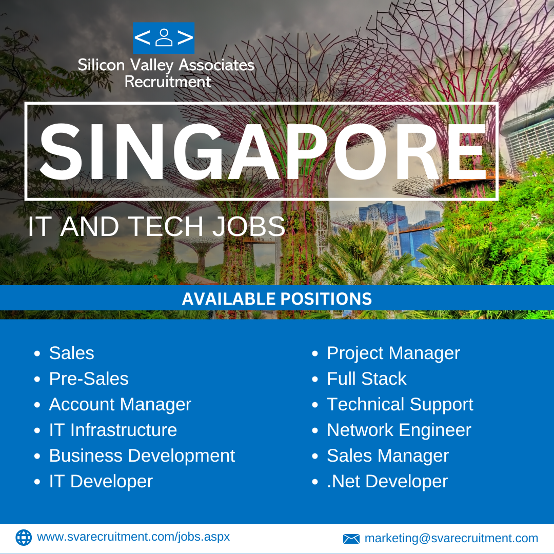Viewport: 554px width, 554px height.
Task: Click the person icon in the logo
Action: coord(164,37)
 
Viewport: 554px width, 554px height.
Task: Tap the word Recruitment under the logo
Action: coord(168,82)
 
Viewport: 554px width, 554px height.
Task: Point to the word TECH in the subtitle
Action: coord(166,227)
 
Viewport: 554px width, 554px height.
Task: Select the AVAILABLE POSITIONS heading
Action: coord(277,299)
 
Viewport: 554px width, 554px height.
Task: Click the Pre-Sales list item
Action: coord(89,379)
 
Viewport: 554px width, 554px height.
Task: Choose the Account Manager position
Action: coord(120,405)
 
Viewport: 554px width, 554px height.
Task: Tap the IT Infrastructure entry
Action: coord(113,430)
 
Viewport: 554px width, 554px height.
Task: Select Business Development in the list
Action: coord(142,456)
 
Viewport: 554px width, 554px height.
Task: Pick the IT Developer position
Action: coord(101,482)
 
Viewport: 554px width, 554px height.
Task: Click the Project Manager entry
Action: coord(393,353)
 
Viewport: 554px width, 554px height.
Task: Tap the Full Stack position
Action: coord(367,379)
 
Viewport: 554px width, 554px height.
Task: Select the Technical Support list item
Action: coord(400,405)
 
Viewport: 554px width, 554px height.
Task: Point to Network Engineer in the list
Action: coord(399,430)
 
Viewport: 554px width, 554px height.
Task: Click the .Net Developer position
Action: coord(387,482)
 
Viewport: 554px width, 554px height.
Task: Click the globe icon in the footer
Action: coord(24,538)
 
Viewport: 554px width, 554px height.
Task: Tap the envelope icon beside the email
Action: coord(351,539)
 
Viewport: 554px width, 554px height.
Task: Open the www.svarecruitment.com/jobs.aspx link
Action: coord(133,537)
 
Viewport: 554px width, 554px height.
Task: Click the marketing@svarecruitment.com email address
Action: coord(451,538)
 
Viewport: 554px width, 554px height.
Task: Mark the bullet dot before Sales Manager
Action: coord(315,456)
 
